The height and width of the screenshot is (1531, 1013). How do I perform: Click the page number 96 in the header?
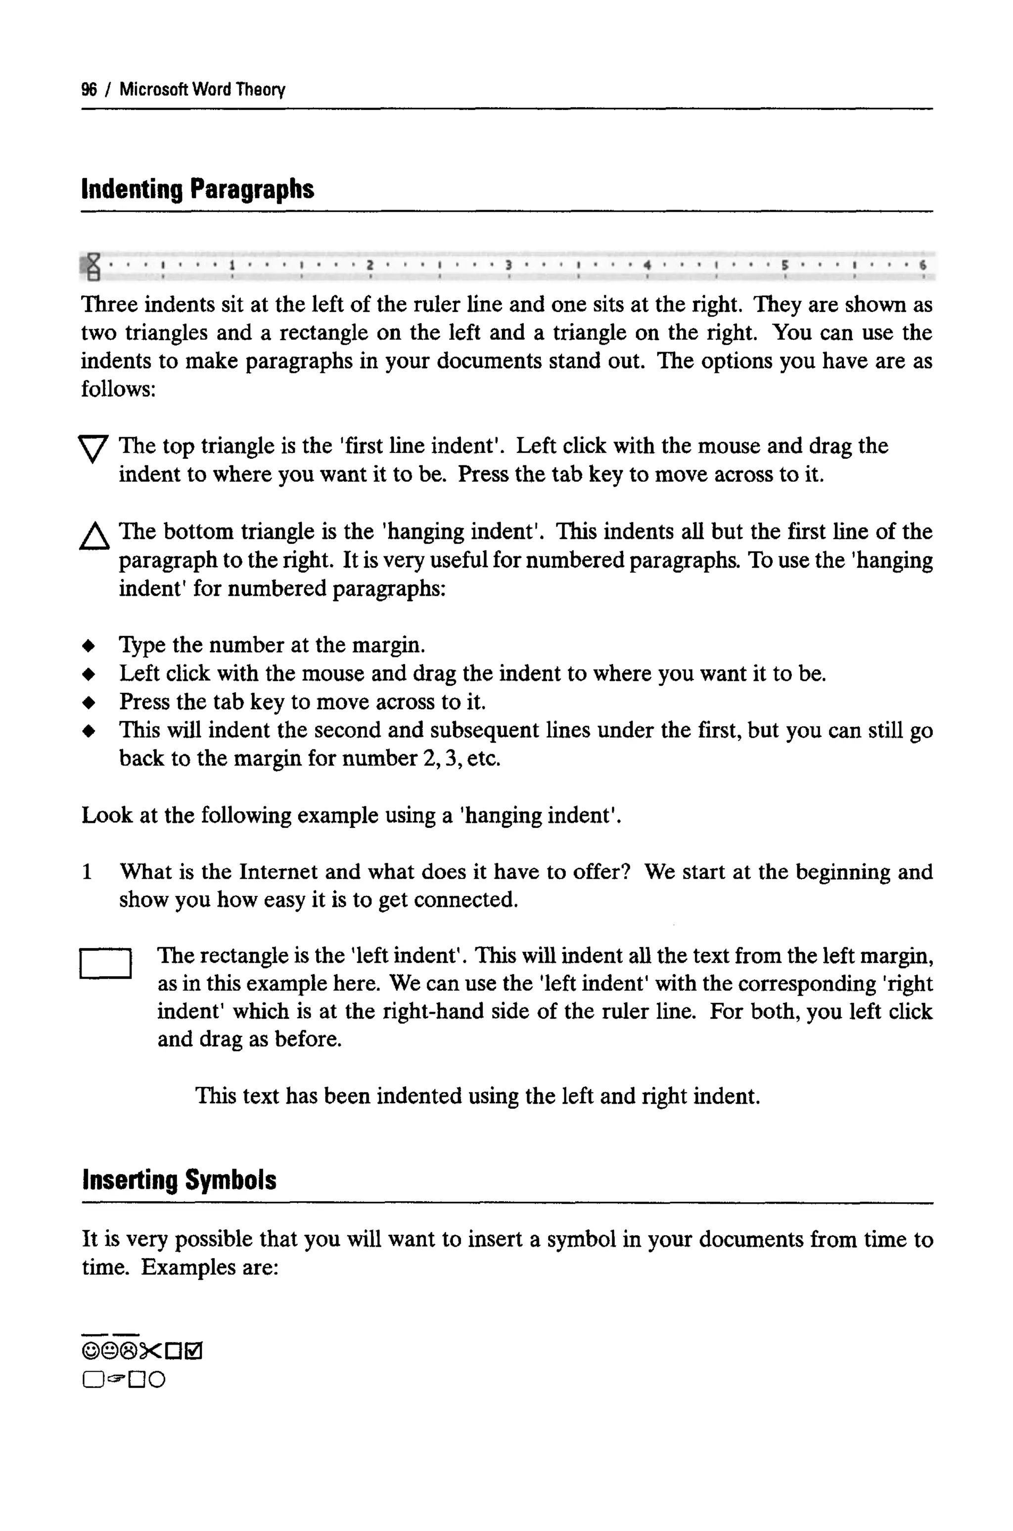pyautogui.click(x=89, y=89)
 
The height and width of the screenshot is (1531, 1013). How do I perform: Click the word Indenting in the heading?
pyautogui.click(x=132, y=189)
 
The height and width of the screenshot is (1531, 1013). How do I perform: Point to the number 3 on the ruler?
pyautogui.click(x=508, y=265)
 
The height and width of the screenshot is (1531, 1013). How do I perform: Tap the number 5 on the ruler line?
pyautogui.click(x=783, y=265)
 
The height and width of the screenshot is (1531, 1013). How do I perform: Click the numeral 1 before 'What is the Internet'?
pyautogui.click(x=87, y=872)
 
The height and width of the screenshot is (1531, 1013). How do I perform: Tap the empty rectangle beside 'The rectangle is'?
pyautogui.click(x=106, y=963)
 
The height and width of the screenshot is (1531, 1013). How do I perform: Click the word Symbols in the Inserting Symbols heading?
pyautogui.click(x=230, y=1180)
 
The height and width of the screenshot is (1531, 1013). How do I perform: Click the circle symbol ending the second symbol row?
pyautogui.click(x=157, y=1381)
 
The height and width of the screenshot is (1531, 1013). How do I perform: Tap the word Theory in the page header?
pyautogui.click(x=260, y=89)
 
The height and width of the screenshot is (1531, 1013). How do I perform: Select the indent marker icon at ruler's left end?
pyautogui.click(x=93, y=267)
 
